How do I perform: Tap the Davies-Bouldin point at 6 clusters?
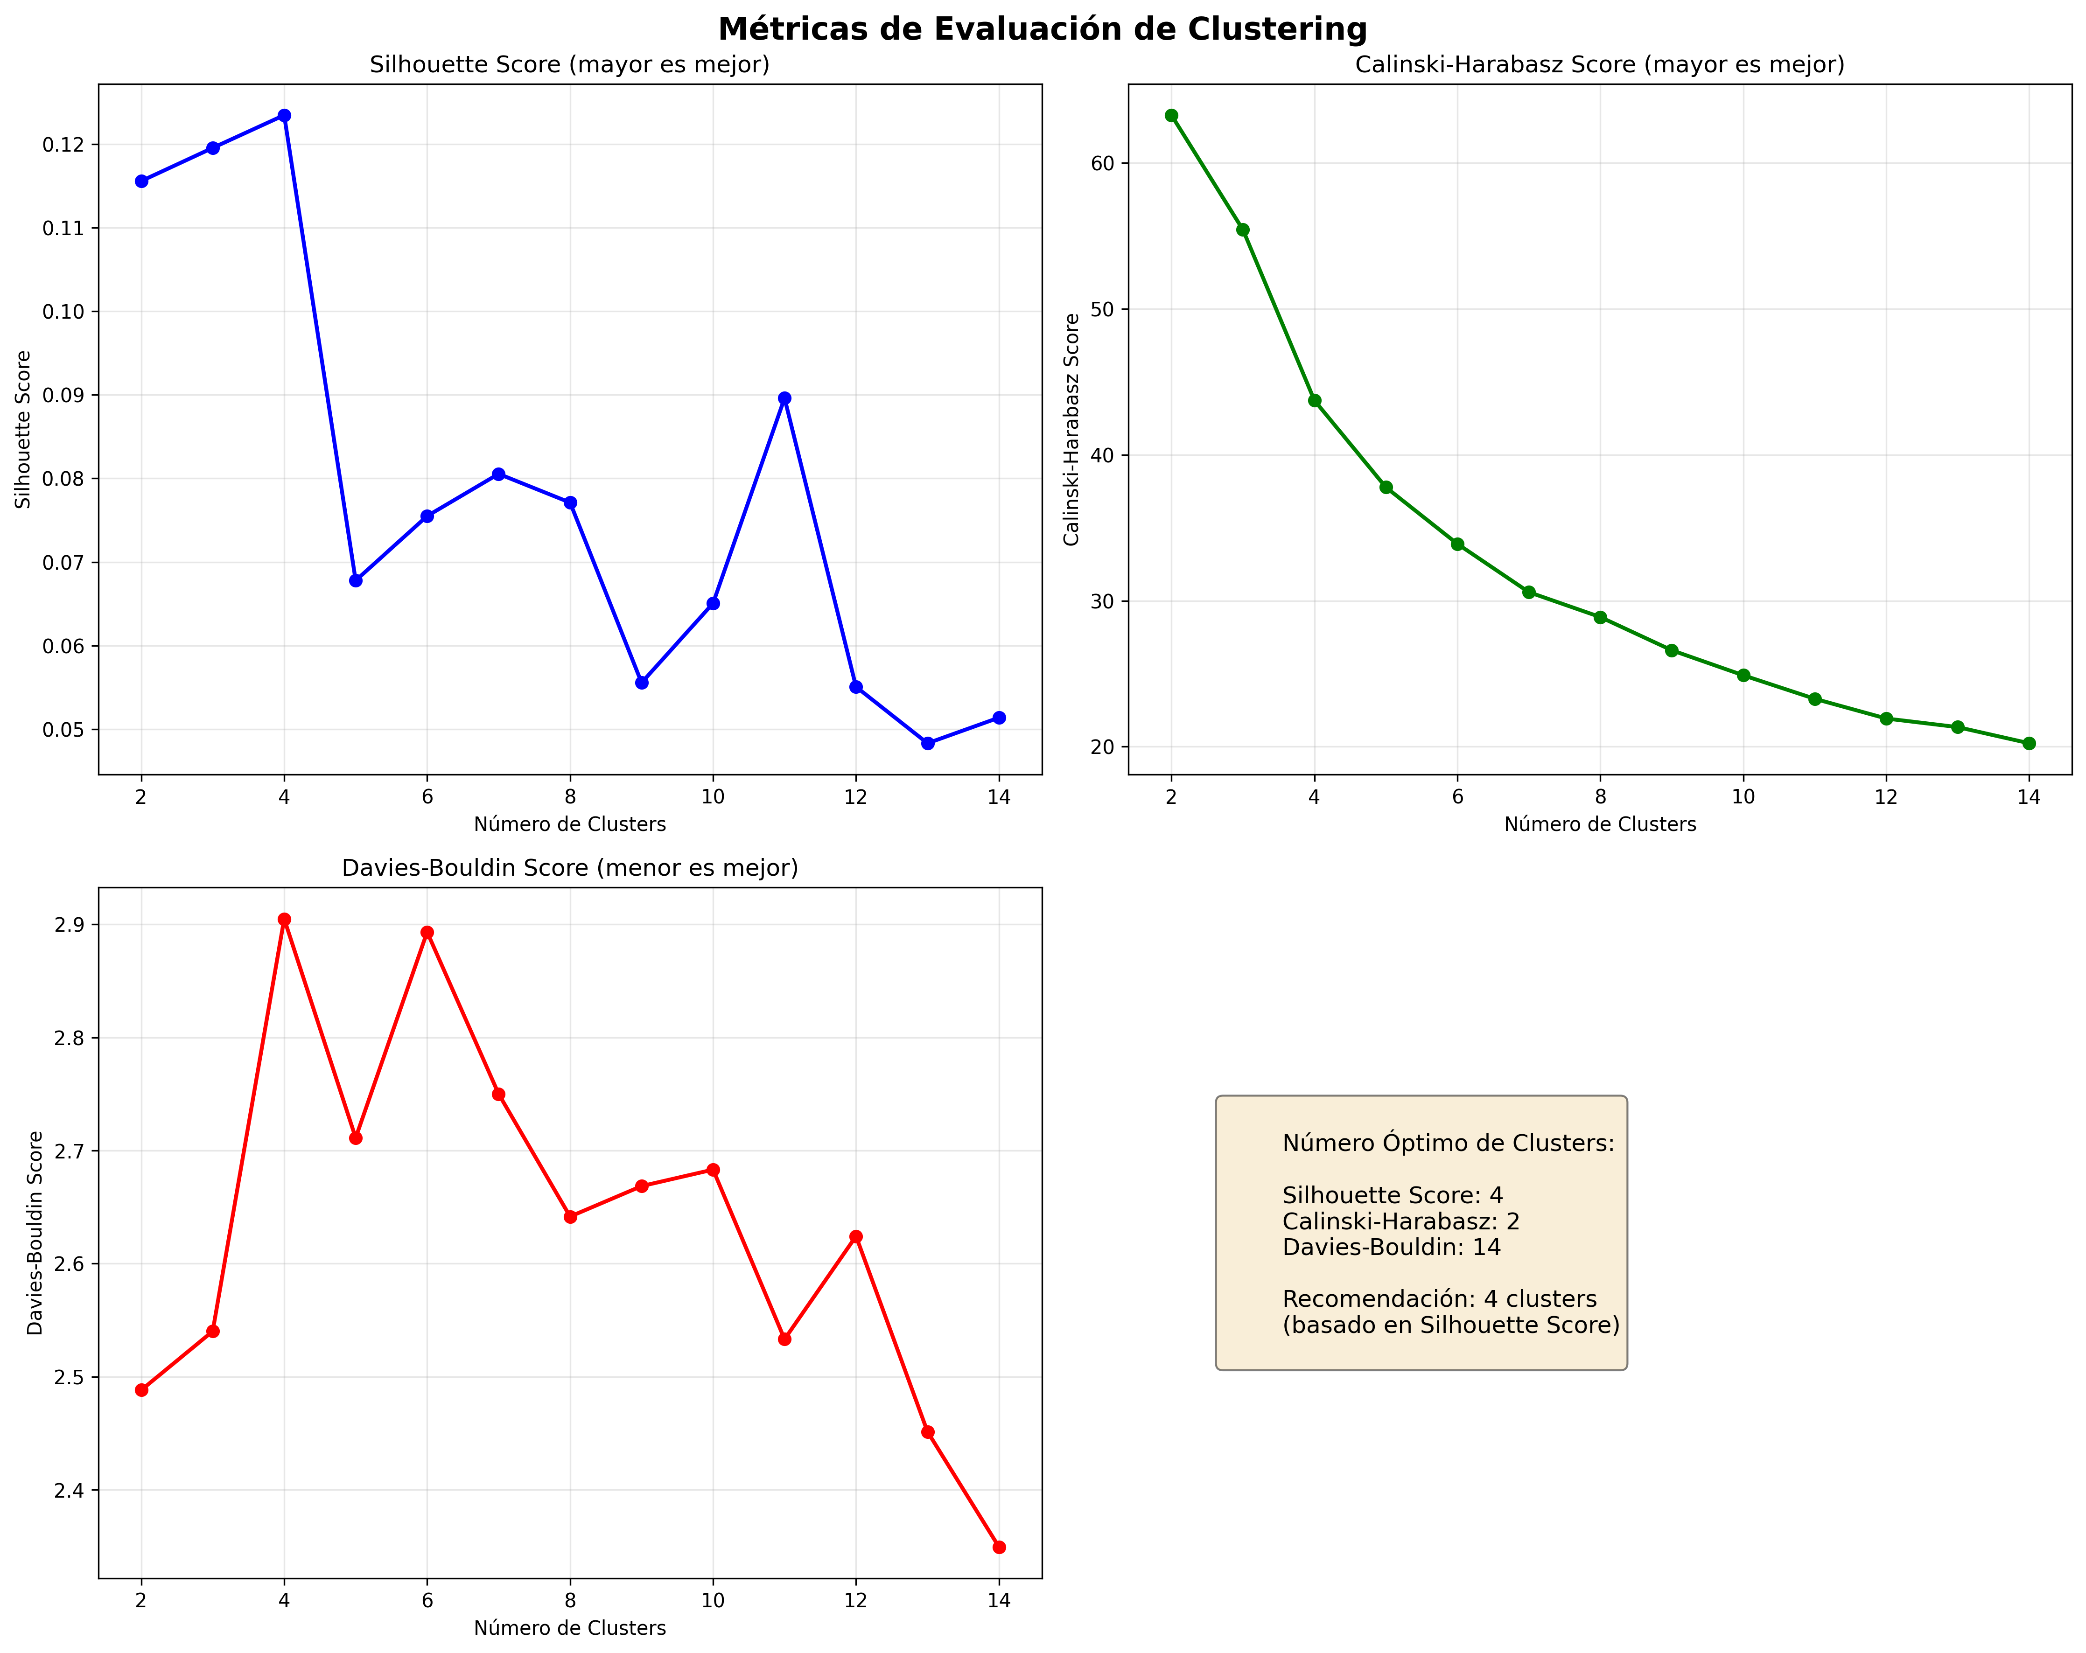point(427,933)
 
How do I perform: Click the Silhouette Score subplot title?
point(570,65)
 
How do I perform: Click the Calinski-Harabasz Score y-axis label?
point(1071,429)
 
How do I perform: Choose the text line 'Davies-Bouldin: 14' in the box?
point(1391,1247)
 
